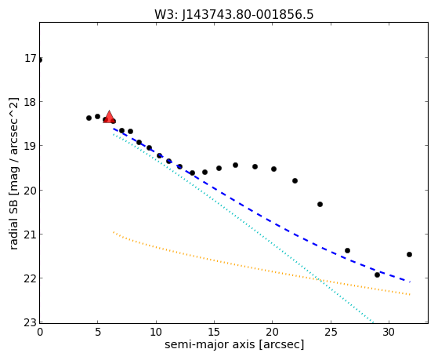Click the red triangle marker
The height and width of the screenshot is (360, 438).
tap(109, 117)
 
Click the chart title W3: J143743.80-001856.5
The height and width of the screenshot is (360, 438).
tap(234, 14)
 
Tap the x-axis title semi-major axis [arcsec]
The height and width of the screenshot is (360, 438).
tap(234, 344)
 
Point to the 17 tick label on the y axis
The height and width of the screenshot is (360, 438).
tap(31, 59)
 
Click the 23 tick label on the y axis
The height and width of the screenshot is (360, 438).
tap(31, 322)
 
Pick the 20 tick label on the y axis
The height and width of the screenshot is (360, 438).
tap(31, 191)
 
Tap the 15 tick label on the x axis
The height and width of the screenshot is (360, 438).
tap(214, 332)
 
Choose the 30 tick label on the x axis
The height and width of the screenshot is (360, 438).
tap(389, 332)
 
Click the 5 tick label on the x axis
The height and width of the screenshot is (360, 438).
tap(98, 332)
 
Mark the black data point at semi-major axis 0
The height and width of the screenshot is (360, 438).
tap(40, 60)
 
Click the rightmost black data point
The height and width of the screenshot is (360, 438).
tap(410, 255)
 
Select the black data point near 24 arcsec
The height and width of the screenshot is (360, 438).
tap(320, 205)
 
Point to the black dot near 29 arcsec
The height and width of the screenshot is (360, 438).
tap(377, 275)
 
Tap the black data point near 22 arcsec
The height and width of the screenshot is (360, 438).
tap(295, 181)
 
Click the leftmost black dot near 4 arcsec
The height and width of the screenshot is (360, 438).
tap(89, 118)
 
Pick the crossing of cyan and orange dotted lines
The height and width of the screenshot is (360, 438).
tap(319, 280)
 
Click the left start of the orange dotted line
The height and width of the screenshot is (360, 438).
tap(114, 232)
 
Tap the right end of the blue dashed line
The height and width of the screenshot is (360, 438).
tap(410, 282)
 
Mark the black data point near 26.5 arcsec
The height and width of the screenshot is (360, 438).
tap(347, 251)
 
